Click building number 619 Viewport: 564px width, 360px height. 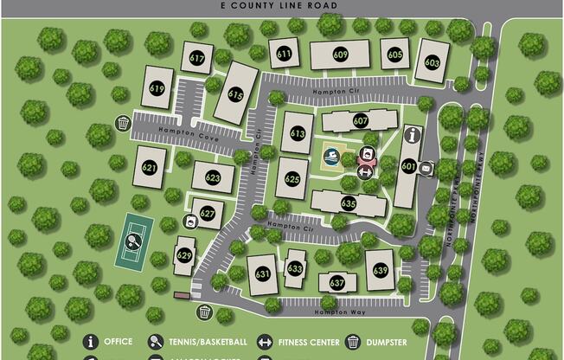click(x=157, y=88)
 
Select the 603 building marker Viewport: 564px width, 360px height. click(x=433, y=62)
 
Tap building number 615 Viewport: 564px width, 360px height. click(x=235, y=93)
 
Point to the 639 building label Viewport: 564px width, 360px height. click(x=381, y=270)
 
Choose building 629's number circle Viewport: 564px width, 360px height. click(x=184, y=255)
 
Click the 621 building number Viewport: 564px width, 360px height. click(x=149, y=167)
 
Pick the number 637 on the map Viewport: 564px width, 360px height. click(x=337, y=282)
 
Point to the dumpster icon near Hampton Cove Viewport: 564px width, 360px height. click(x=124, y=124)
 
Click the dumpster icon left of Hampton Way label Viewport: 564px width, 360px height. click(x=205, y=312)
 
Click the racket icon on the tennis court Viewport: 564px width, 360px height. click(x=134, y=242)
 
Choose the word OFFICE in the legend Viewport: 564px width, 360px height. click(x=119, y=342)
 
